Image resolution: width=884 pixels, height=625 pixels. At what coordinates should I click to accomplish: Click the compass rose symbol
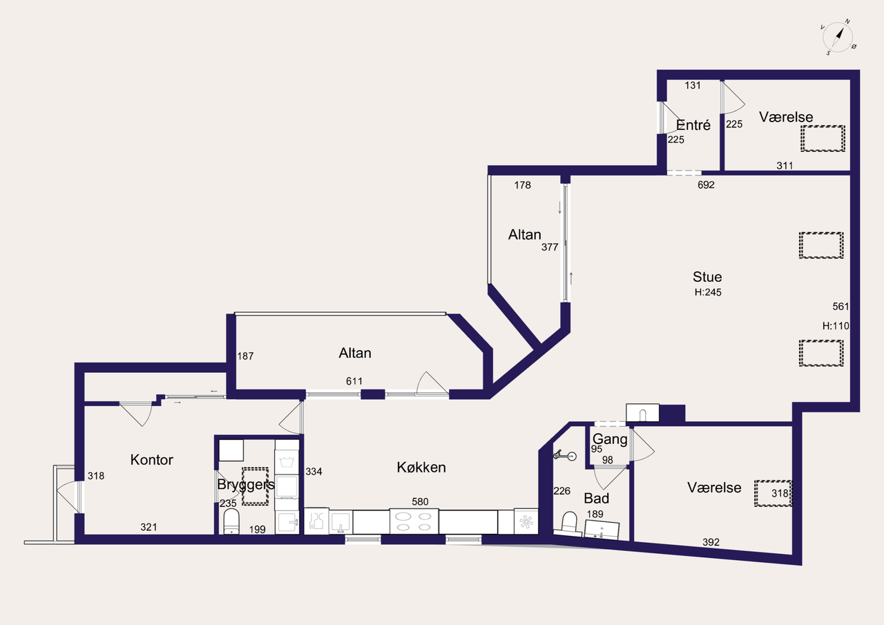pyautogui.click(x=838, y=37)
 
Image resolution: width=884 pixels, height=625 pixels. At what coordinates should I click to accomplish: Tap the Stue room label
pyautogui.click(x=707, y=277)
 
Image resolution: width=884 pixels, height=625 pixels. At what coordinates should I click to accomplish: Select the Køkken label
pyautogui.click(x=421, y=467)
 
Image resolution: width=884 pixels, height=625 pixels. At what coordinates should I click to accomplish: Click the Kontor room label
pyautogui.click(x=151, y=460)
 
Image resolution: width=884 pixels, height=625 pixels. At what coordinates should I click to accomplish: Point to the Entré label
pyautogui.click(x=693, y=125)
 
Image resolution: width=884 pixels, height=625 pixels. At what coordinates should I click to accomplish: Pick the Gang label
pyautogui.click(x=610, y=439)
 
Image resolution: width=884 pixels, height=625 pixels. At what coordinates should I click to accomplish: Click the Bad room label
pyautogui.click(x=596, y=499)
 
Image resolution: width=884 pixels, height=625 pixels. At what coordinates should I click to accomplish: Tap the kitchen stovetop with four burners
pyautogui.click(x=414, y=521)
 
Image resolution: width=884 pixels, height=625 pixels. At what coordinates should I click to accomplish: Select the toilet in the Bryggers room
pyautogui.click(x=231, y=521)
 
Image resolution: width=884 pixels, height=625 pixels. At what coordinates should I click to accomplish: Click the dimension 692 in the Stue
pyautogui.click(x=706, y=184)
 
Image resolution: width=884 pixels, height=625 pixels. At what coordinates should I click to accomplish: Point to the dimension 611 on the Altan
pyautogui.click(x=354, y=381)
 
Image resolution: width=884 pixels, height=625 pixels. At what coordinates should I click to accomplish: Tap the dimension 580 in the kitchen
pyautogui.click(x=420, y=501)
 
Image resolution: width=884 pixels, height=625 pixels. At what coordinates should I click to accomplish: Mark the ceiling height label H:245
pyautogui.click(x=708, y=292)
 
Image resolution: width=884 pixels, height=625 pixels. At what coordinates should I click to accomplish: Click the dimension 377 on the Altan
pyautogui.click(x=550, y=247)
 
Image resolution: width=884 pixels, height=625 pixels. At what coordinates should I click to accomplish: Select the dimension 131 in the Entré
pyautogui.click(x=693, y=85)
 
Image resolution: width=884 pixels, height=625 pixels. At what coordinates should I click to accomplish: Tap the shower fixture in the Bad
pyautogui.click(x=565, y=455)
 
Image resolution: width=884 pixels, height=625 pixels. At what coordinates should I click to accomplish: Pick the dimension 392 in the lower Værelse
pyautogui.click(x=711, y=542)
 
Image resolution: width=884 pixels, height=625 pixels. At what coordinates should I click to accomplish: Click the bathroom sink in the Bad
pyautogui.click(x=602, y=530)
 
